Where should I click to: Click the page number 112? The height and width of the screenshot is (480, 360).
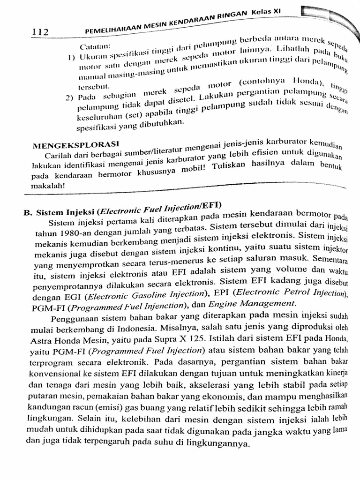click(x=40, y=32)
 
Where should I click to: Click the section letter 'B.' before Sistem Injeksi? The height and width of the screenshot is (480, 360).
click(x=28, y=212)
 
